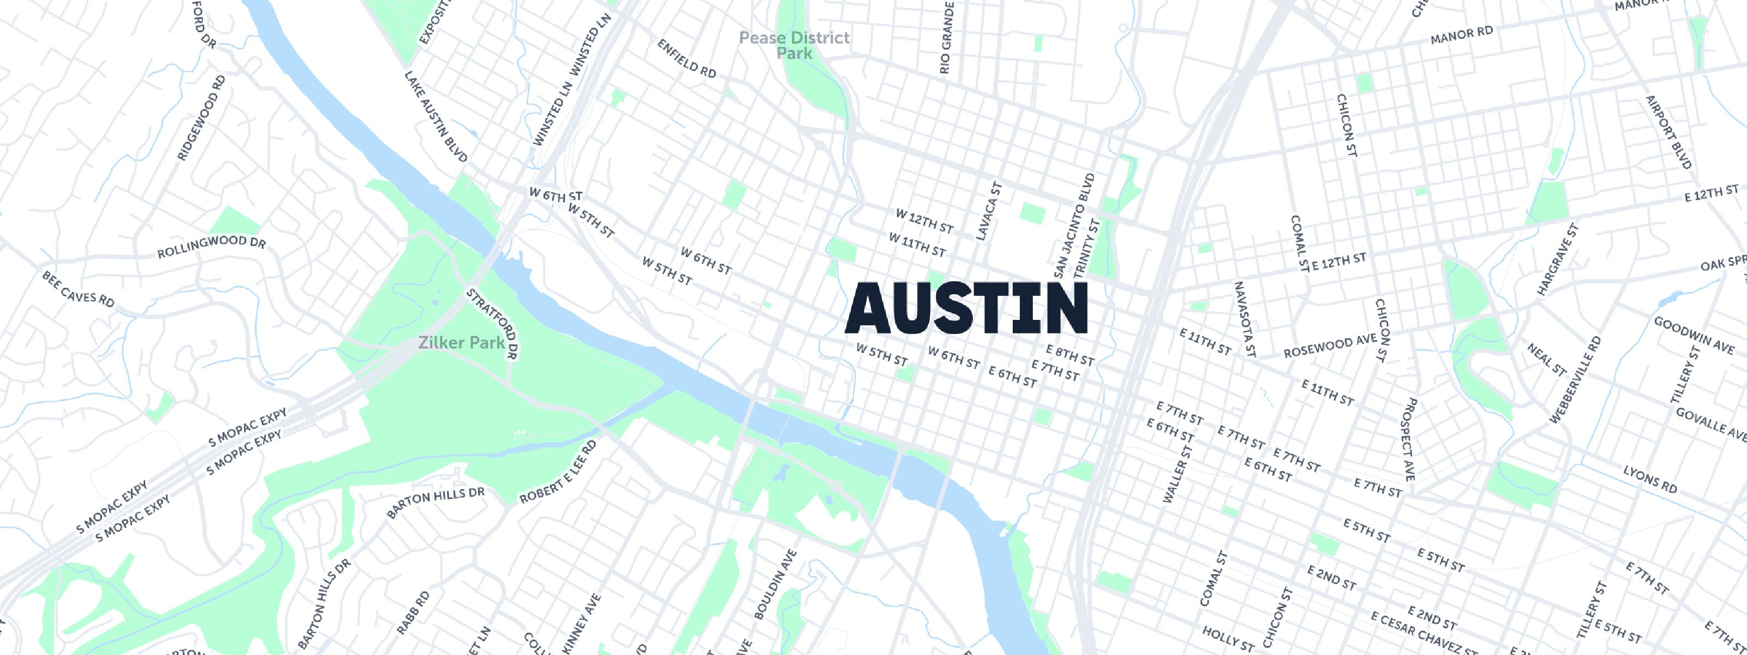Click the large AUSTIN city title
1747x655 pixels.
click(x=966, y=309)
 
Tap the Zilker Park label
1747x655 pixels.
click(x=461, y=342)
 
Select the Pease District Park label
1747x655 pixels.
click(x=794, y=45)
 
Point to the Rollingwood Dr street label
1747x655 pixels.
click(x=212, y=248)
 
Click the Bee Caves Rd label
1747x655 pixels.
click(x=78, y=289)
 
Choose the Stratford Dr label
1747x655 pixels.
click(x=493, y=324)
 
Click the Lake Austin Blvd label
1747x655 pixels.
click(x=436, y=117)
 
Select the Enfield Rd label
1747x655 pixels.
click(x=686, y=58)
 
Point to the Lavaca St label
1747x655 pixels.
click(x=988, y=211)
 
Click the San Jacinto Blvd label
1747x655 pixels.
click(x=1075, y=225)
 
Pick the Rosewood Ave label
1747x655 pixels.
click(x=1330, y=346)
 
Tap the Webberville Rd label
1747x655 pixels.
click(x=1574, y=380)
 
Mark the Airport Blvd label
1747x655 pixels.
click(x=1669, y=132)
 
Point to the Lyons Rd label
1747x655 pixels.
click(x=1650, y=479)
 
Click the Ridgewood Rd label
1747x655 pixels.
click(x=201, y=118)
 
